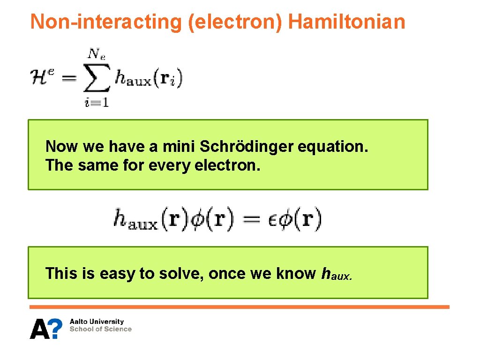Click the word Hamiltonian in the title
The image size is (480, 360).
pos(346,22)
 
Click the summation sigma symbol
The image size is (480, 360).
pos(97,78)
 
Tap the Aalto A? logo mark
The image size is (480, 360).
pos(46,328)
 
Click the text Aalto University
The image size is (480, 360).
pos(97,322)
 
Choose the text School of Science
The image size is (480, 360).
pos(100,329)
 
